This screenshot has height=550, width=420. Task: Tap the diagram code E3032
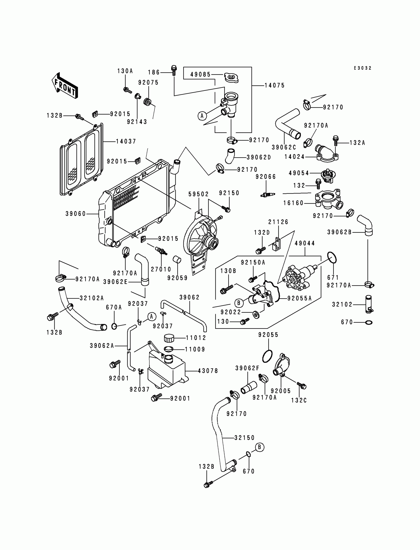362,68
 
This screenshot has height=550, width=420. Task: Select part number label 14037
126,142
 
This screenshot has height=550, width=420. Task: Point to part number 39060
76,214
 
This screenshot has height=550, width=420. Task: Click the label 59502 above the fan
198,194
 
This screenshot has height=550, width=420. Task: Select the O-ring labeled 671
332,258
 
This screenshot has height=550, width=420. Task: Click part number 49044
305,243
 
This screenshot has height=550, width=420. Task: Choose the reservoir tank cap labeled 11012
169,338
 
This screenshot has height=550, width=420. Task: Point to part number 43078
208,371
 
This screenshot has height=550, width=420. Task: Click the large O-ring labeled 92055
267,356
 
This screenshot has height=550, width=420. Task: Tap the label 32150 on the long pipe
245,438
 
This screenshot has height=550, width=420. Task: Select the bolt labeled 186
174,70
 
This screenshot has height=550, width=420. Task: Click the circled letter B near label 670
259,447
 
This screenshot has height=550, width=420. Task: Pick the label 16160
294,203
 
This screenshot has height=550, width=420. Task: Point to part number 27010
161,269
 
